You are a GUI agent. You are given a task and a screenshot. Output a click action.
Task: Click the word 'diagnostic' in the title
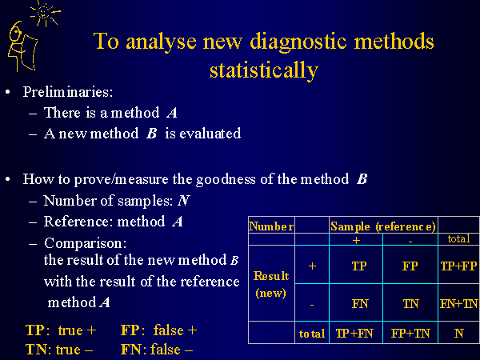tap(298, 42)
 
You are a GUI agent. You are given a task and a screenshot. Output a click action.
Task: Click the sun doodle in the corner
tap(45, 13)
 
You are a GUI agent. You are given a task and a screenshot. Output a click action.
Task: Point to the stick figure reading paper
tap(22, 46)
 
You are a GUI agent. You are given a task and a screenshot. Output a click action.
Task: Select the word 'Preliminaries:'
tap(68, 92)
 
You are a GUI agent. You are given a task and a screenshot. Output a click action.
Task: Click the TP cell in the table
tap(358, 266)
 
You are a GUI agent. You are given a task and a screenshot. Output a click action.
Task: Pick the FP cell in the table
tap(410, 266)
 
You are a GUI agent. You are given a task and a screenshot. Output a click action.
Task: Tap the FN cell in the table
tap(360, 304)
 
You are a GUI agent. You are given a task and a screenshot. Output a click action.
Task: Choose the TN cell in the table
tap(410, 304)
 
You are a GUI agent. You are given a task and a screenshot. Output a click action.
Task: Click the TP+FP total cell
tap(458, 266)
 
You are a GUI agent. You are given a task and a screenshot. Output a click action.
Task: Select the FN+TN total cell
tap(458, 304)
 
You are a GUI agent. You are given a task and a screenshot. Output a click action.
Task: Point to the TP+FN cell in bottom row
tap(354, 333)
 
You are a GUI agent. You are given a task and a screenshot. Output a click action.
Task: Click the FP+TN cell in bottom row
tap(410, 333)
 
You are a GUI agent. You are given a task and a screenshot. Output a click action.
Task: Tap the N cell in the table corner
tap(458, 333)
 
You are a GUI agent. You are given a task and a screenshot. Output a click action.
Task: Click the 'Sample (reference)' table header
tap(383, 226)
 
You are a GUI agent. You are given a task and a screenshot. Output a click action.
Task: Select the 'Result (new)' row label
tap(271, 285)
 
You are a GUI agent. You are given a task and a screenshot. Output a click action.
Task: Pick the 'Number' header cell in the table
tap(271, 226)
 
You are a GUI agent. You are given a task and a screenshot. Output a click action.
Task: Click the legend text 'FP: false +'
tap(159, 330)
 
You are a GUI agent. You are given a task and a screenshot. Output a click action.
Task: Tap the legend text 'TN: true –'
tap(59, 350)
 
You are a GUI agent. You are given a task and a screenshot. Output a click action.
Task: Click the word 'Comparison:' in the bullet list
tap(86, 243)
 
